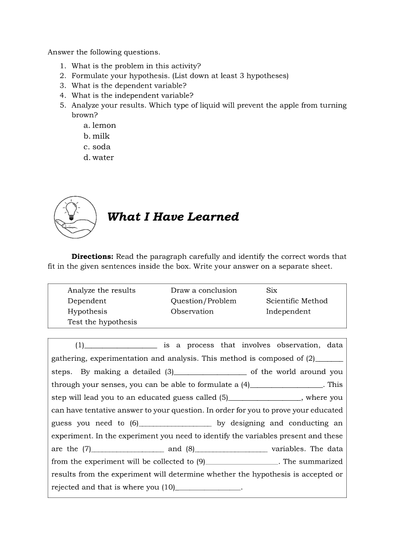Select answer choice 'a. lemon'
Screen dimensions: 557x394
click(99, 125)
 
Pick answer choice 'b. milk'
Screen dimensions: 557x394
click(96, 136)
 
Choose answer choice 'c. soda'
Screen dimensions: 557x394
click(97, 147)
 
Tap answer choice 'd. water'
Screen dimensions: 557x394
click(99, 158)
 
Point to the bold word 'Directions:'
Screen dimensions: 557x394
click(93, 256)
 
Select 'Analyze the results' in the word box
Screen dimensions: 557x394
click(102, 291)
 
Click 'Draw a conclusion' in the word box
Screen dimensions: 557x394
click(204, 291)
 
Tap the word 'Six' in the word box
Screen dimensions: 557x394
click(271, 291)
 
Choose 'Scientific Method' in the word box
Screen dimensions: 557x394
click(297, 301)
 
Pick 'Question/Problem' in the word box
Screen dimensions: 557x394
click(204, 301)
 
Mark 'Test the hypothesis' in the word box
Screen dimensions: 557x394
click(102, 322)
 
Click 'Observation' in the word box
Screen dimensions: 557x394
click(192, 312)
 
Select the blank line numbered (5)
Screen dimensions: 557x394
click(265, 399)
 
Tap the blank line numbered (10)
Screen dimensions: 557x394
click(208, 488)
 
